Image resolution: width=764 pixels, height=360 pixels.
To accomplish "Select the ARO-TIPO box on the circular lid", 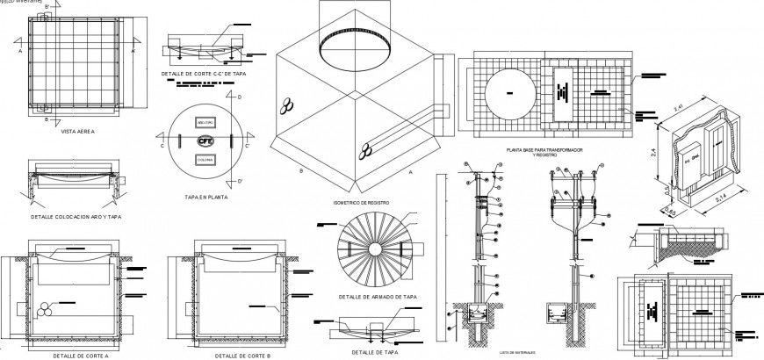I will tap(205, 119).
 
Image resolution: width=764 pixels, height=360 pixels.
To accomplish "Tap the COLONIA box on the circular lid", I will tap(205, 161).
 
